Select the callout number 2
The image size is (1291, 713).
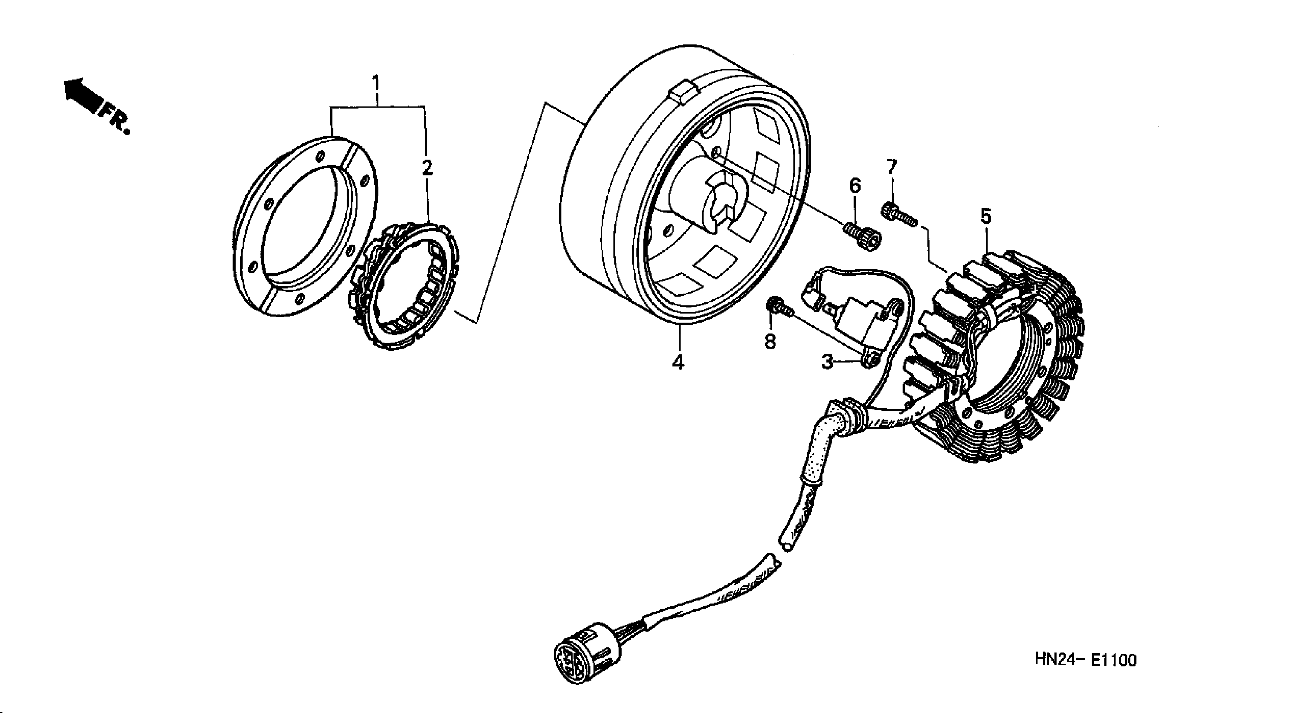(x=427, y=168)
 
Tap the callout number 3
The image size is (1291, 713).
(x=827, y=361)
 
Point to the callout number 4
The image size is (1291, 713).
(x=678, y=362)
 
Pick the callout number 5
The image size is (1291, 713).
(x=986, y=216)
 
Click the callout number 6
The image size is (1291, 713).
(x=855, y=186)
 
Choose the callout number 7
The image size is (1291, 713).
(x=891, y=167)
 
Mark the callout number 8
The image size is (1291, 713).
(x=770, y=342)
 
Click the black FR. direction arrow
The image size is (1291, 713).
(x=80, y=95)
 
